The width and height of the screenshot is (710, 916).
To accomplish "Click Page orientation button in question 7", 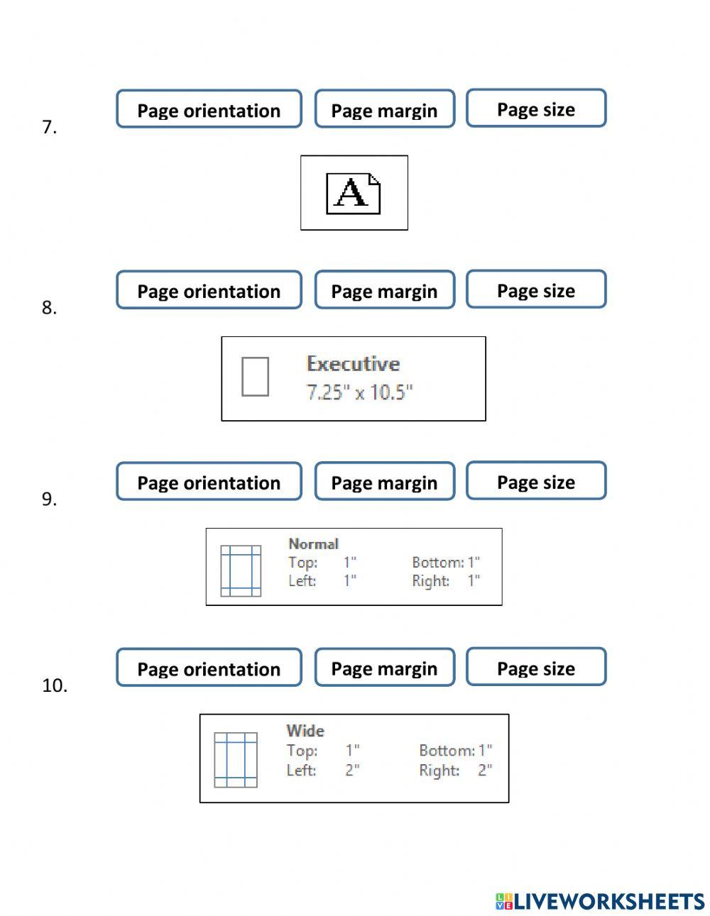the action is (x=209, y=109).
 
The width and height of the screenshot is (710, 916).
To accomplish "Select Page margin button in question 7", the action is (x=384, y=109).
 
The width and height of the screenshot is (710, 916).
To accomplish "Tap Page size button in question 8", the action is (x=536, y=289).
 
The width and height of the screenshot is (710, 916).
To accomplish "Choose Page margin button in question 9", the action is (x=384, y=482).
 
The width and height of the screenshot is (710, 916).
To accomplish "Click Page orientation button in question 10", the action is (x=209, y=668).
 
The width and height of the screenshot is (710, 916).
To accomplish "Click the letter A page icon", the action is (x=354, y=193).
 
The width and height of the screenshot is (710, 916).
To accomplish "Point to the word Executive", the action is (x=353, y=363).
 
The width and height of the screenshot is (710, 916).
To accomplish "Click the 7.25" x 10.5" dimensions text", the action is (x=359, y=392).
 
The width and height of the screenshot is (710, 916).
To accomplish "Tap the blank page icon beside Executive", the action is (x=255, y=377).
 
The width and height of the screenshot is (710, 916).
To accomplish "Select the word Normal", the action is (x=313, y=543).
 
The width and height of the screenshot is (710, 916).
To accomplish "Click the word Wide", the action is (x=305, y=730).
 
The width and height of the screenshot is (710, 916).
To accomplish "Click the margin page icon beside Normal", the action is (x=241, y=570).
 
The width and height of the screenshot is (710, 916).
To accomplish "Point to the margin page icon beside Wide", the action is (x=236, y=760).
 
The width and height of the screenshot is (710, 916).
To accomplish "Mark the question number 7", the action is (x=49, y=127).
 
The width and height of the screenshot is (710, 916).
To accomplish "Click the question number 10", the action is (x=55, y=685).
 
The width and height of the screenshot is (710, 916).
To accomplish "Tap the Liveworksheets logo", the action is (x=600, y=901).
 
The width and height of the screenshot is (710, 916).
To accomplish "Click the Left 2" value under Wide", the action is (x=352, y=770).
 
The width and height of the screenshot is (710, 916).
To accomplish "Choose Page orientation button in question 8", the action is (x=209, y=290).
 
